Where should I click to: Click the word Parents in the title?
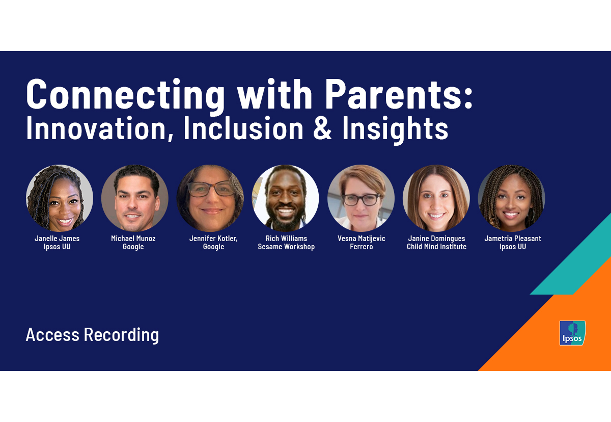click(x=398, y=95)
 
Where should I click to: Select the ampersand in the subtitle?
click(x=321, y=129)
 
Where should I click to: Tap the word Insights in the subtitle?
click(x=395, y=129)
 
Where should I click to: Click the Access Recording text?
click(x=92, y=335)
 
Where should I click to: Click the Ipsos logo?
click(x=572, y=333)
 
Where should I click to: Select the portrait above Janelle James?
click(x=60, y=198)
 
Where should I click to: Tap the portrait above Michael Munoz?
click(x=135, y=198)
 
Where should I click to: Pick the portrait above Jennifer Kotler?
click(x=210, y=198)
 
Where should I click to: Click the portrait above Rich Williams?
click(x=286, y=198)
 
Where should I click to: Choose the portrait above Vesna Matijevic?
click(x=361, y=198)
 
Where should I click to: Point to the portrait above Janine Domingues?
click(x=436, y=198)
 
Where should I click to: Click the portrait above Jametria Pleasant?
click(x=512, y=198)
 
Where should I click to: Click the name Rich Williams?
click(x=286, y=239)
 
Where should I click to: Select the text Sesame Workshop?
click(x=286, y=247)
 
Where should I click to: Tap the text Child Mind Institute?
click(x=436, y=247)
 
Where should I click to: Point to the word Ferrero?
click(x=361, y=247)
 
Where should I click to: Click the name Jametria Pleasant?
click(x=513, y=239)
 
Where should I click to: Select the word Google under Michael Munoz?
click(x=133, y=247)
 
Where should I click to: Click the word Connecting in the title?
click(x=125, y=95)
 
